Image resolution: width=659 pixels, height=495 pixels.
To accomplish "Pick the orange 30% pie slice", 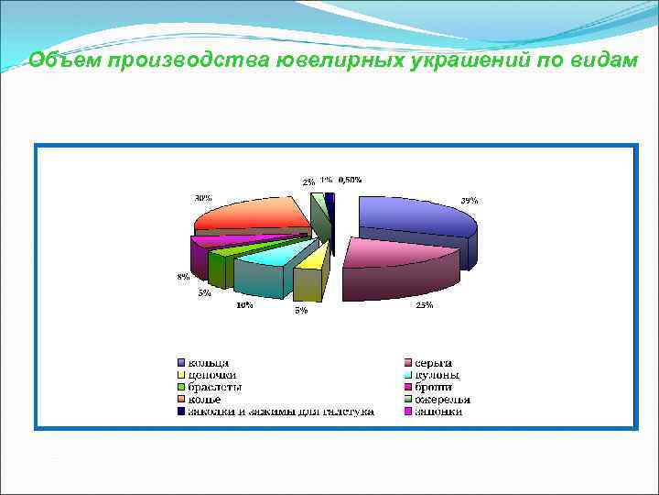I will coord(252,216).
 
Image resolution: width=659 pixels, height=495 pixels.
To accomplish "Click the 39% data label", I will coord(469,200).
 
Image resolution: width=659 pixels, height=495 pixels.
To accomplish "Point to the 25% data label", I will coord(424,305).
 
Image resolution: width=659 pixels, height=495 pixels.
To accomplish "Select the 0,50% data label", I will coord(350,180).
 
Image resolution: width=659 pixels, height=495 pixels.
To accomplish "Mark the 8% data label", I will coord(184,277).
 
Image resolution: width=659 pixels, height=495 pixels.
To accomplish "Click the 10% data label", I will coord(245,305).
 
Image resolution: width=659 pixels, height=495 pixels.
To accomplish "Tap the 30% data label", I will coord(202,197).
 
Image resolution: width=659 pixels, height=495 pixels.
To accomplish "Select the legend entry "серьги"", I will coord(434,363).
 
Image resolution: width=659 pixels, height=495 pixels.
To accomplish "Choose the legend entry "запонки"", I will coord(438,412).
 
